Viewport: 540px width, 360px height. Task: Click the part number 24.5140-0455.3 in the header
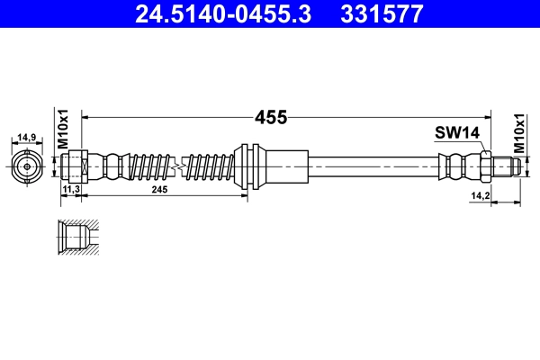(x=223, y=14)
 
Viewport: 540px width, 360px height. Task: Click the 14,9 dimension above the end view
(x=26, y=138)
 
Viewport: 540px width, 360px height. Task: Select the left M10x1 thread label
(x=63, y=128)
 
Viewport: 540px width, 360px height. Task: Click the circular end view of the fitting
(x=27, y=166)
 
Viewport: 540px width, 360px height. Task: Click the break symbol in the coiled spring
(x=180, y=166)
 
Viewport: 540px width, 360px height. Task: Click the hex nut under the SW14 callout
(x=485, y=166)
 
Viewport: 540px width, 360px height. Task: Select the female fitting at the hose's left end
(x=76, y=166)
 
